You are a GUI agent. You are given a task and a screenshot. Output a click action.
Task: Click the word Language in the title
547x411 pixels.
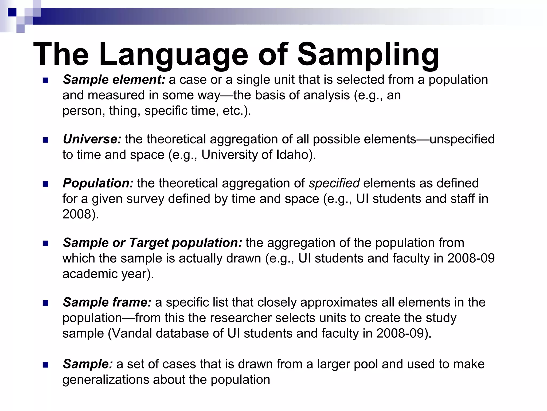174,55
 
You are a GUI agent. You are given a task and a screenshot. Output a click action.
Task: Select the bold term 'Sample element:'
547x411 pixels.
114,80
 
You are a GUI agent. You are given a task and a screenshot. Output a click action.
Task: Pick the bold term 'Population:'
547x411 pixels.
98,183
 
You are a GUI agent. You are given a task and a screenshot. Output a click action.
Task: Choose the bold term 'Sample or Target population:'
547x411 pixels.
153,243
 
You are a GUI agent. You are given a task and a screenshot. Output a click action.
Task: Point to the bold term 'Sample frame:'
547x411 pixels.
107,302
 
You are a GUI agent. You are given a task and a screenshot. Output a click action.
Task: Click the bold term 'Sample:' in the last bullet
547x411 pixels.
88,364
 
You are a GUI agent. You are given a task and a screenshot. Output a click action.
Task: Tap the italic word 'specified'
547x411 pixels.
334,183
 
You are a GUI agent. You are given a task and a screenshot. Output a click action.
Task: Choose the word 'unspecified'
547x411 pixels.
462,139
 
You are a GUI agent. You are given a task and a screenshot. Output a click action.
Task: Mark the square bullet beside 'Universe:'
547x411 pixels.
45,140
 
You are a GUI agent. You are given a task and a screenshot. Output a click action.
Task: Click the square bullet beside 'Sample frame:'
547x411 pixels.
45,303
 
